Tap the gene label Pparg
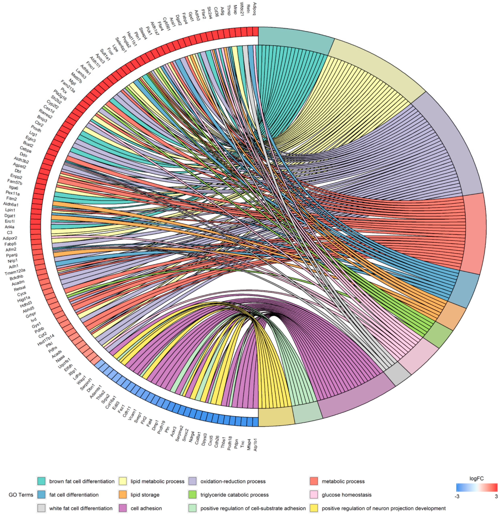(x=12, y=255)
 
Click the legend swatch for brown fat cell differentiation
(x=42, y=481)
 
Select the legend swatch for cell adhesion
(x=123, y=508)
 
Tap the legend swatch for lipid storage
(x=123, y=495)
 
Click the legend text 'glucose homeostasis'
(x=347, y=495)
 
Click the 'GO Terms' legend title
(x=21, y=495)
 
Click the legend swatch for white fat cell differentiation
(x=42, y=508)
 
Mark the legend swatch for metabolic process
(x=314, y=481)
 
